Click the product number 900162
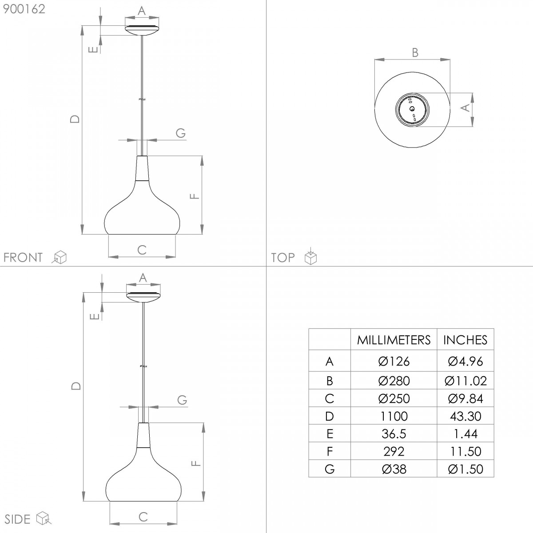pos(24,9)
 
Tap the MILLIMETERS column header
pos(394,340)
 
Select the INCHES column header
pos(465,340)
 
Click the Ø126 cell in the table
pos(394,361)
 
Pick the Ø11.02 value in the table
pos(465,381)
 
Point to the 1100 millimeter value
pos(394,416)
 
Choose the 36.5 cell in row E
pos(394,434)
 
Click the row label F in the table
pos(330,451)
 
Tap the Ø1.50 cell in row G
pos(465,469)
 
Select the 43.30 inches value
pos(465,416)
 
